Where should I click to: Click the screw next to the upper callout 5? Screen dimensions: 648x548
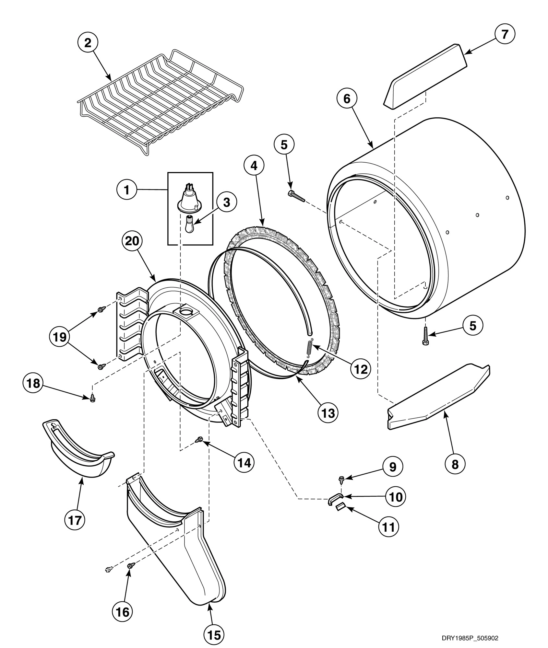296,196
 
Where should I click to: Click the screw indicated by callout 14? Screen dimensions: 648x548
199,440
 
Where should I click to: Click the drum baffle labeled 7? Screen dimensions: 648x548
425,76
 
